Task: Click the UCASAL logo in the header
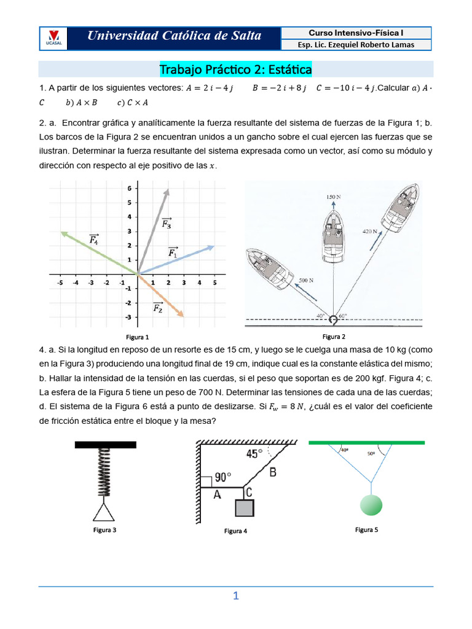(x=53, y=38)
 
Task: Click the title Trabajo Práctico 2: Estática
(x=235, y=69)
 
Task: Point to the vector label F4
(x=94, y=239)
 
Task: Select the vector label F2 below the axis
(x=158, y=307)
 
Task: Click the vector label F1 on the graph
(x=173, y=251)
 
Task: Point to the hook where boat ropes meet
(x=333, y=319)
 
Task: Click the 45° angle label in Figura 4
(x=254, y=454)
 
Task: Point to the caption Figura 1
(x=138, y=337)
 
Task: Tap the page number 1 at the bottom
(x=235, y=596)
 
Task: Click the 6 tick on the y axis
(x=129, y=188)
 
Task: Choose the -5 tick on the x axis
(x=60, y=283)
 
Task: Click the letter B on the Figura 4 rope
(x=273, y=472)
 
